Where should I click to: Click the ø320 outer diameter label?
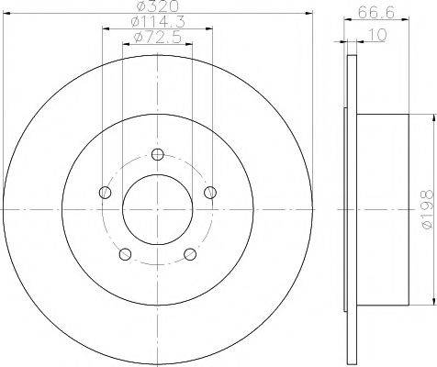click(158, 7)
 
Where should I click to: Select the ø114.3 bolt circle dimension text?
click(157, 22)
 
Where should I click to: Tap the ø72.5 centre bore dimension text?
click(157, 37)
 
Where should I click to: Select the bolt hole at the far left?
click(105, 193)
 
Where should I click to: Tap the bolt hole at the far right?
click(211, 192)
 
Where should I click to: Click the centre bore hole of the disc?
click(157, 210)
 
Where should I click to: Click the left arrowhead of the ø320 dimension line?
click(6, 13)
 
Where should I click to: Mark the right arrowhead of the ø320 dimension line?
click(308, 13)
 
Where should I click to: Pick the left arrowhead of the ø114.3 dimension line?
click(103, 28)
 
